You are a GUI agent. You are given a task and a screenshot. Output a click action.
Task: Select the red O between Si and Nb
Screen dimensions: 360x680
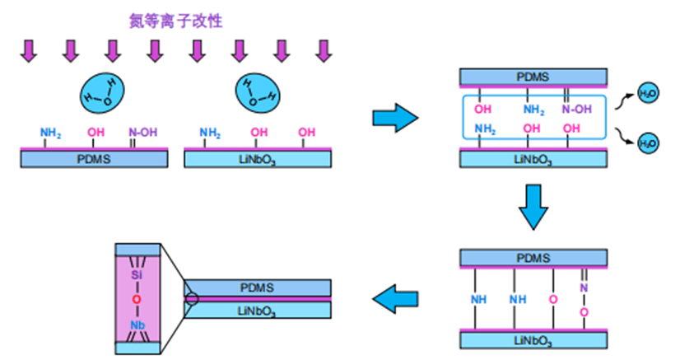tap(137, 299)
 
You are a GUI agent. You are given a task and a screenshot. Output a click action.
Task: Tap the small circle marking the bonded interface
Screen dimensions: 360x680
tap(192, 298)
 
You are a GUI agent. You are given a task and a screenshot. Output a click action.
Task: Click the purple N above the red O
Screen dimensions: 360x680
tap(583, 288)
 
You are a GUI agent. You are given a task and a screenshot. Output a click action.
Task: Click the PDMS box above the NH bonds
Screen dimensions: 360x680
tap(533, 256)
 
